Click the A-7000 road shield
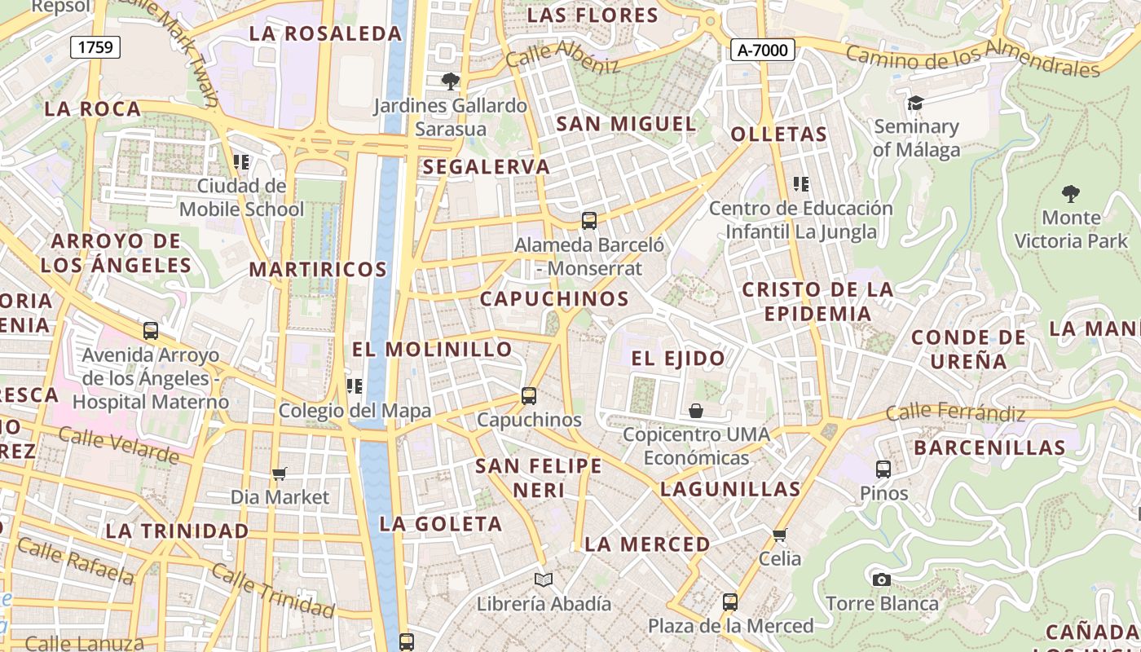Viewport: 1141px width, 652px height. point(762,51)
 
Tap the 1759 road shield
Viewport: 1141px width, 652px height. point(95,47)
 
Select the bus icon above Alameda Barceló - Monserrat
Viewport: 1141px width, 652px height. point(589,220)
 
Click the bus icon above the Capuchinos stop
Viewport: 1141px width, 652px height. point(529,396)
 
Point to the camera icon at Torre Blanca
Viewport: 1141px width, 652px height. point(881,579)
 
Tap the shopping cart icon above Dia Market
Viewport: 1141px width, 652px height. point(280,474)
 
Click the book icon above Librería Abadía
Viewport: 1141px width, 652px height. point(544,579)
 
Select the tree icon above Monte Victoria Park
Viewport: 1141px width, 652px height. point(1071,194)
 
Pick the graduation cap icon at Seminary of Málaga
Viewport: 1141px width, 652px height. point(915,104)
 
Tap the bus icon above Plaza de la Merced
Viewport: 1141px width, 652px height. point(730,602)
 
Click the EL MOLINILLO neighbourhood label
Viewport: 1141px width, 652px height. point(432,350)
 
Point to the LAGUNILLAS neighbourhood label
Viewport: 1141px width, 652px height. point(730,489)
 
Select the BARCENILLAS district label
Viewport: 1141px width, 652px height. point(989,447)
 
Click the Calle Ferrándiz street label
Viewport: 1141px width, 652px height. point(955,412)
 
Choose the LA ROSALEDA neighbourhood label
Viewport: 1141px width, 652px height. point(326,33)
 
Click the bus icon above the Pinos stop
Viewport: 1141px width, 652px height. point(883,469)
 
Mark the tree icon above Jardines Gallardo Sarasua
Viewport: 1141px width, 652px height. point(450,81)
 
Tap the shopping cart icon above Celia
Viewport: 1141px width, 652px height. point(780,535)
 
